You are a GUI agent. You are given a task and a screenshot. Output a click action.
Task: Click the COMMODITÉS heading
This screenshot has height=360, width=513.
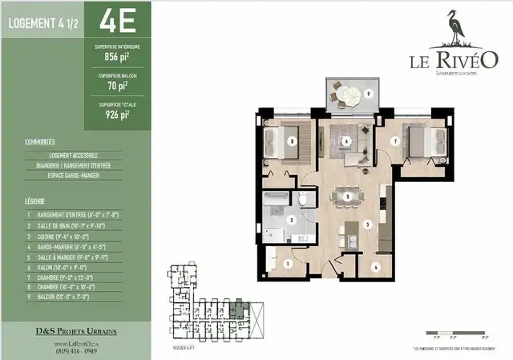tap(39, 142)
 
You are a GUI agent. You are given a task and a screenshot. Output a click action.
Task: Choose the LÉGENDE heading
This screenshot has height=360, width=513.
tap(34, 202)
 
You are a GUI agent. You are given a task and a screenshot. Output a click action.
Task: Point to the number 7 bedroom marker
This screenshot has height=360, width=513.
tap(395, 142)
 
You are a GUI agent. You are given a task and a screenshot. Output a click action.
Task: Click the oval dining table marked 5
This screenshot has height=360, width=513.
tap(347, 196)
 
